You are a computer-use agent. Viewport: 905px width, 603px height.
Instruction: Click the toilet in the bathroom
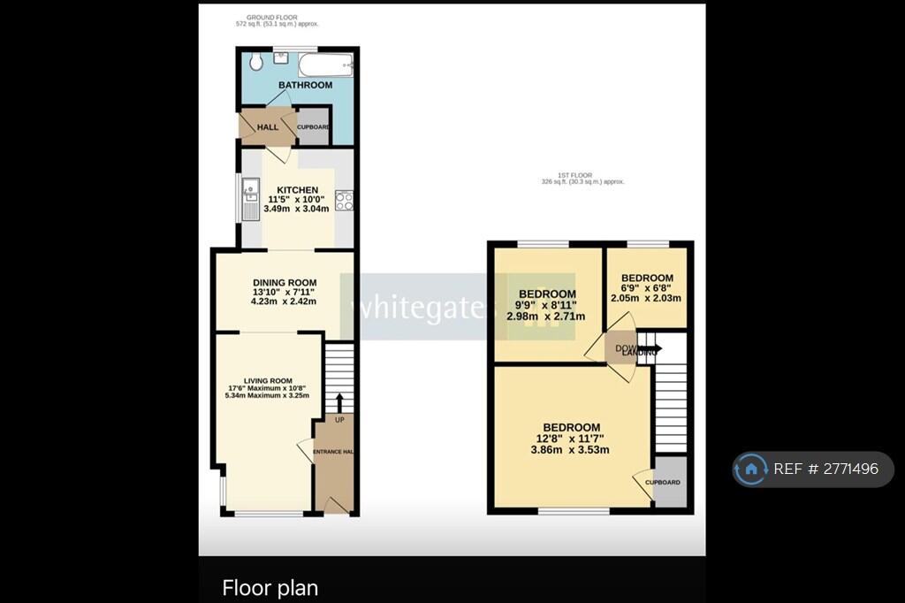pos(255,62)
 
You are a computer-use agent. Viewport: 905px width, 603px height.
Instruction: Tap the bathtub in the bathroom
pos(326,64)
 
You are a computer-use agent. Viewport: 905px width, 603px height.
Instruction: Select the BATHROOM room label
pos(305,85)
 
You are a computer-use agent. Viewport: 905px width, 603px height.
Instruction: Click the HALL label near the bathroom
pos(267,127)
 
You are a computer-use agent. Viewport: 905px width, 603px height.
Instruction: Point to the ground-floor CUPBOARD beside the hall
pos(313,127)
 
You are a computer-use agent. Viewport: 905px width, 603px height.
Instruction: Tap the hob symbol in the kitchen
pos(344,201)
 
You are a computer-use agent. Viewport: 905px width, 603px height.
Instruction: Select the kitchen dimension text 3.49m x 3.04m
pos(297,209)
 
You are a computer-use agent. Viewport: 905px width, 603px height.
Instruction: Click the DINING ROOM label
pos(283,283)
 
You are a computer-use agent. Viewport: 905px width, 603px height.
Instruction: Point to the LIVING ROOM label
pos(268,380)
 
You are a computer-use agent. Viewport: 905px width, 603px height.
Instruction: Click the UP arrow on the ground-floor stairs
pos(338,404)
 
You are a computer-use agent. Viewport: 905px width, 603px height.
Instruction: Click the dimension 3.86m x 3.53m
pos(570,449)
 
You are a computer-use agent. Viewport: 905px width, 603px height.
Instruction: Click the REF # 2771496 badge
pos(813,469)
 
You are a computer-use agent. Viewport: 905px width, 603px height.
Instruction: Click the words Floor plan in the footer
pos(270,587)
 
